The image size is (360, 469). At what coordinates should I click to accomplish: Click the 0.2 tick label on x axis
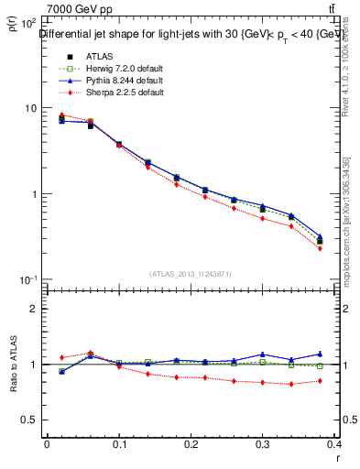[191, 444]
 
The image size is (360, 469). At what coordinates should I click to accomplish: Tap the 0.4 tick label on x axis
[335, 444]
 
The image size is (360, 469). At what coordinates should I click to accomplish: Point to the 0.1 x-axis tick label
[119, 444]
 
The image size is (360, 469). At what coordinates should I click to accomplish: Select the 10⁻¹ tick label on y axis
[29, 279]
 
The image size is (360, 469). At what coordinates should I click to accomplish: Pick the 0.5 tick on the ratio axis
[31, 420]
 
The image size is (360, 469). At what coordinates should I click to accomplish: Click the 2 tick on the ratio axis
[35, 309]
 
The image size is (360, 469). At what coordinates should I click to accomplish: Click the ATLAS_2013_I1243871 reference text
[191, 274]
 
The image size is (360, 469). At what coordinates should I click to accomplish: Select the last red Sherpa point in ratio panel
[320, 381]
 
